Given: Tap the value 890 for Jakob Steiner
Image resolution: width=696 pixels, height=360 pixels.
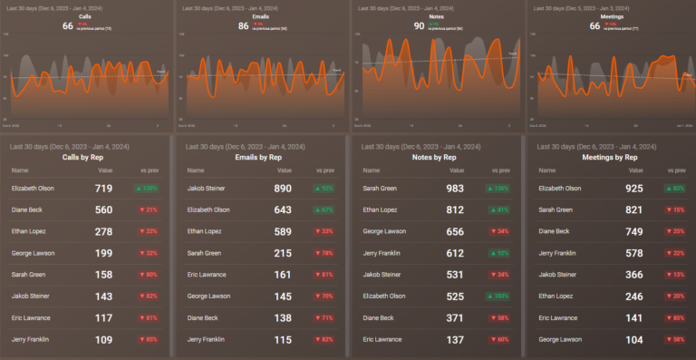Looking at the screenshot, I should tap(282, 189).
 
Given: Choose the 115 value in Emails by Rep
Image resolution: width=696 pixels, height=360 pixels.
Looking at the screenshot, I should tap(284, 339).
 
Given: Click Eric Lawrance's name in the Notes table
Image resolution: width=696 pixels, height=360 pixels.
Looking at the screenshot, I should tap(382, 339).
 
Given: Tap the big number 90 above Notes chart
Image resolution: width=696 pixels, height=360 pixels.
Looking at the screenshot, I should tap(419, 25).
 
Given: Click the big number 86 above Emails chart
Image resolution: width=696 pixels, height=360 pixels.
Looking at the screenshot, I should tap(243, 25).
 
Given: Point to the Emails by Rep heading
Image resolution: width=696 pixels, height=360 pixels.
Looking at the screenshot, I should tap(260, 157).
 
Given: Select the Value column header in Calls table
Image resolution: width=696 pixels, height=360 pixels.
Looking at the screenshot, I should tap(106, 170).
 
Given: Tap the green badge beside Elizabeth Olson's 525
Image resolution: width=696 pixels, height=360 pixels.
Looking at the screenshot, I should tap(498, 297).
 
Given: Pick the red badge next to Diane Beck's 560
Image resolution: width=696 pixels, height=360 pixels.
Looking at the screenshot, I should tap(146, 210).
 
